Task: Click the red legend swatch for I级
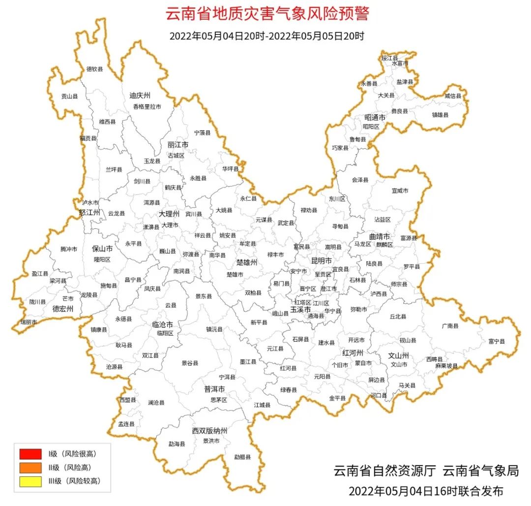pos(30,453)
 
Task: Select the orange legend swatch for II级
pos(30,467)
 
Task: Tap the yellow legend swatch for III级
pos(30,481)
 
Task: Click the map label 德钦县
pos(95,69)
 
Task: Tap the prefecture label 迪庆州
pos(140,95)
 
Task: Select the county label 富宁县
pos(497,341)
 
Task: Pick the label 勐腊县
pos(242,457)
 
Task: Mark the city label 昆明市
pos(322,260)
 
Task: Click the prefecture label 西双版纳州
pos(209,431)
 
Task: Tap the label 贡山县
pos(69,96)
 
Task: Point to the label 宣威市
pos(400,190)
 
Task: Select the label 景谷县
pos(190,363)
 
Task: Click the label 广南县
pos(450,326)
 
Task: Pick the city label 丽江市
pos(178,145)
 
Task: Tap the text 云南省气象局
pos(480,471)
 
